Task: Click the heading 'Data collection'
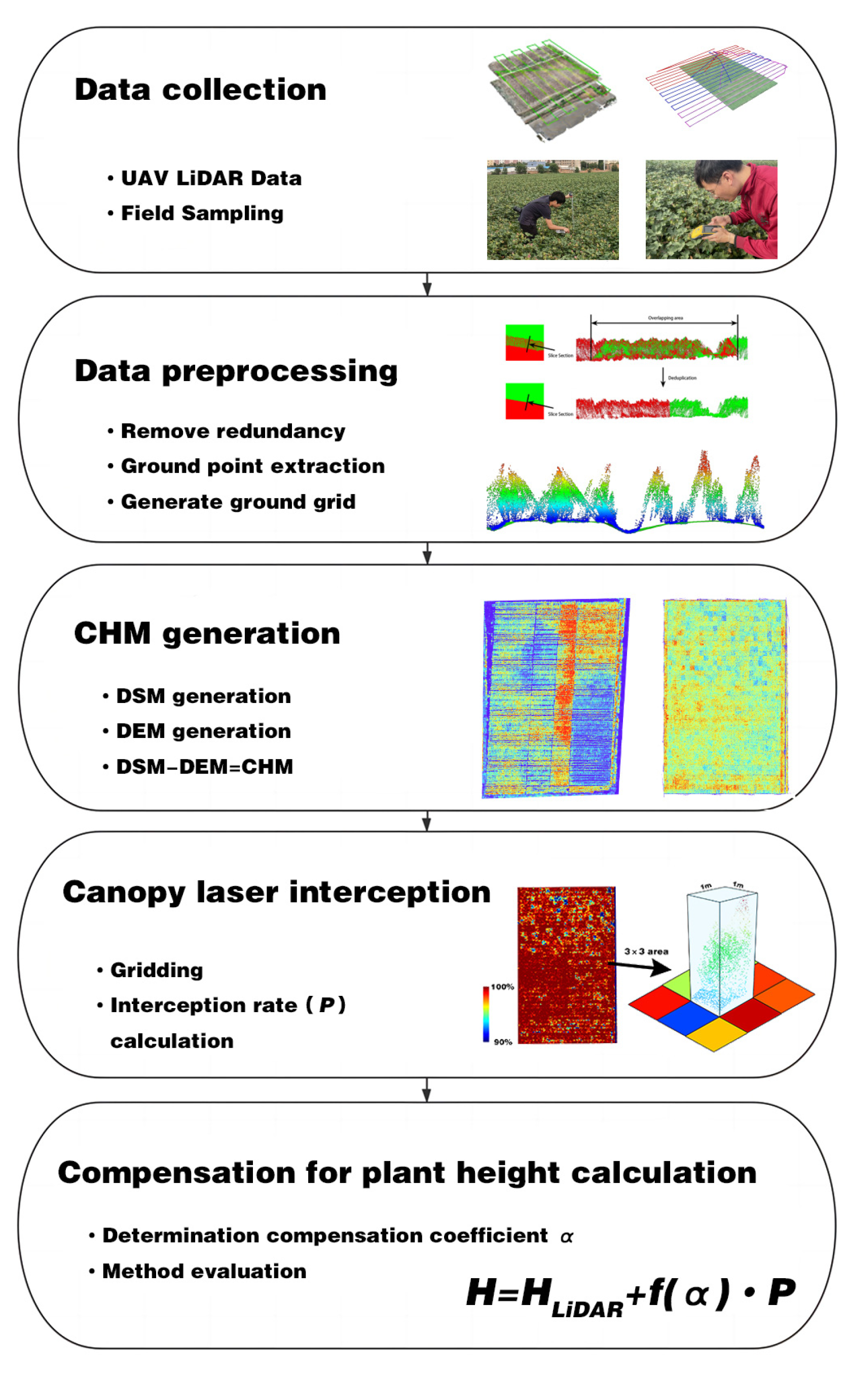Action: point(200,90)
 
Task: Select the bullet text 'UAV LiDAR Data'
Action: point(211,178)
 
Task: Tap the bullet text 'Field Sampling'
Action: point(202,213)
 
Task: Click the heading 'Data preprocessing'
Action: point(236,371)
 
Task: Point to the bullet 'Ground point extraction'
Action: point(252,466)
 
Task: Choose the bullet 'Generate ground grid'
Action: point(238,502)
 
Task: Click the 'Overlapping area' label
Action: point(666,318)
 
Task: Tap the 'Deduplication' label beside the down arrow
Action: point(682,378)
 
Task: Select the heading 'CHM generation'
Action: point(207,634)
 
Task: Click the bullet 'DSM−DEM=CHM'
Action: point(204,767)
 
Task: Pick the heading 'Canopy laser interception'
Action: point(276,892)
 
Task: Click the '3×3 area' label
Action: point(646,951)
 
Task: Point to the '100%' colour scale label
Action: point(502,987)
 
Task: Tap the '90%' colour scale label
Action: point(502,1042)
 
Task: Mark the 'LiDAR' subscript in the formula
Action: point(587,1310)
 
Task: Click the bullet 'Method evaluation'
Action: point(204,1271)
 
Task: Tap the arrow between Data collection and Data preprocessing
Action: point(427,284)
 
